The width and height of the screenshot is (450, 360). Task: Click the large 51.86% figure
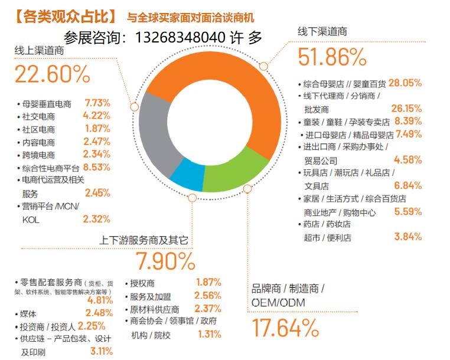[x=332, y=57]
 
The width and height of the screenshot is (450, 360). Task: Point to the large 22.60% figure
[x=53, y=75]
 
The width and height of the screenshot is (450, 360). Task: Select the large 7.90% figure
[x=165, y=260]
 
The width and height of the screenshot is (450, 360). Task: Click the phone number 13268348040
[x=181, y=38]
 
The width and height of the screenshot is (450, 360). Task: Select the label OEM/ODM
[x=279, y=302]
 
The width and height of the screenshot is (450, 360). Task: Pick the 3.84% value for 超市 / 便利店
[x=407, y=237]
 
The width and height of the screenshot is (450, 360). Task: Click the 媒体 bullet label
[x=30, y=313]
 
